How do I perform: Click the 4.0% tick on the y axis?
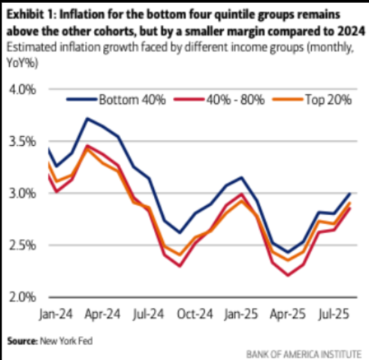point(22,90)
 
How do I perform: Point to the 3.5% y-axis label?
point(22,142)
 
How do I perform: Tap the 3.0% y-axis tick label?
point(22,193)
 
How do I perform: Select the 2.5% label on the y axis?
point(22,246)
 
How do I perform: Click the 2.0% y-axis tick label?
point(22,297)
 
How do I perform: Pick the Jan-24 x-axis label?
point(56,314)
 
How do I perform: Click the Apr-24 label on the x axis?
point(103,314)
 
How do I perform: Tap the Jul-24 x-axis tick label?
point(149,314)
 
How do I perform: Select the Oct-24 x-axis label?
point(195,314)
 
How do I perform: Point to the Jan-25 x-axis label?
point(241,314)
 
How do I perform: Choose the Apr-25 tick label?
point(287,314)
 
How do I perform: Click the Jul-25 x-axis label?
point(333,314)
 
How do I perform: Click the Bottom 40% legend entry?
point(116,100)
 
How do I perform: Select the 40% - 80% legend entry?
point(219,100)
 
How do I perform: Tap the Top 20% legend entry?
point(312,100)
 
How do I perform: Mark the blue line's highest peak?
point(87,119)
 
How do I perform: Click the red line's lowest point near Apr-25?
point(288,275)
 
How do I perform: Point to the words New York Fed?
point(66,341)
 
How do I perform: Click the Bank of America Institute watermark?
point(303,354)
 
